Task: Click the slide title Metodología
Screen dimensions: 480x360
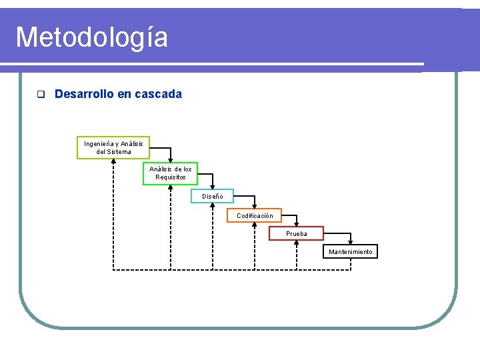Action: (91, 37)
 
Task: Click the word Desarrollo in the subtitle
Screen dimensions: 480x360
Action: (84, 94)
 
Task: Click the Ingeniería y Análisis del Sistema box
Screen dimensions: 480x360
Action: (113, 147)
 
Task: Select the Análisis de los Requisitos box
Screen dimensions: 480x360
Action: (171, 173)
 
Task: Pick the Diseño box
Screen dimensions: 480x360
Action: (212, 195)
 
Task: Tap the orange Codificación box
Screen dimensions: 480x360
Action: (255, 215)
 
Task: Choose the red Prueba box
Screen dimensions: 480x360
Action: (296, 233)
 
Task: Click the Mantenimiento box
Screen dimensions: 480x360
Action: (351, 251)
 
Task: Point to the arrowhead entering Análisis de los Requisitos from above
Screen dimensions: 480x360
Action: (171, 160)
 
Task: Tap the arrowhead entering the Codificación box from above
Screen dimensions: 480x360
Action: (255, 207)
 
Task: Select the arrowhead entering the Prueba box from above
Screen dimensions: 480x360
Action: (297, 225)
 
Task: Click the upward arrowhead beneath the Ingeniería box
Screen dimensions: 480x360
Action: (113, 161)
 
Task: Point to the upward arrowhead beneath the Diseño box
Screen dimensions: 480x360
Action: (213, 205)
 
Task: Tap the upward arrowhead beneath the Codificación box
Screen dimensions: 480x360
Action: (255, 225)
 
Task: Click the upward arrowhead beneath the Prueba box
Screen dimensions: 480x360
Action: (297, 243)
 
